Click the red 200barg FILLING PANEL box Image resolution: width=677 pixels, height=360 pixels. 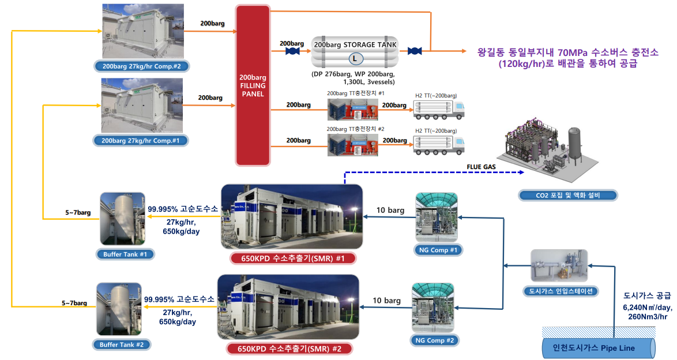[252, 85]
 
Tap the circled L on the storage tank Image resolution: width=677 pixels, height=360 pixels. [353, 58]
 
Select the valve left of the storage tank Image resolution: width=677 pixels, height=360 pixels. [292, 51]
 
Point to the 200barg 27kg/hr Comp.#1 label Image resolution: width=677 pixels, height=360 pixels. [141, 140]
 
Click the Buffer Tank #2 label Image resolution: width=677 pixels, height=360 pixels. [122, 344]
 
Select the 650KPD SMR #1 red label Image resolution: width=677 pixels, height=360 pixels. [292, 258]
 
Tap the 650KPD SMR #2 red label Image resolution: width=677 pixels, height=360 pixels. [288, 348]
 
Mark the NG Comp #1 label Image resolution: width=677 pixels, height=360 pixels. [436, 250]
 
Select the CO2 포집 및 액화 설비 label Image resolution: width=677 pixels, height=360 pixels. [567, 195]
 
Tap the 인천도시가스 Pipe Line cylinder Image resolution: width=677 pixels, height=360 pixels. [599, 348]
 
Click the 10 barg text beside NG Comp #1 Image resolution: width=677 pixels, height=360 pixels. [390, 210]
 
